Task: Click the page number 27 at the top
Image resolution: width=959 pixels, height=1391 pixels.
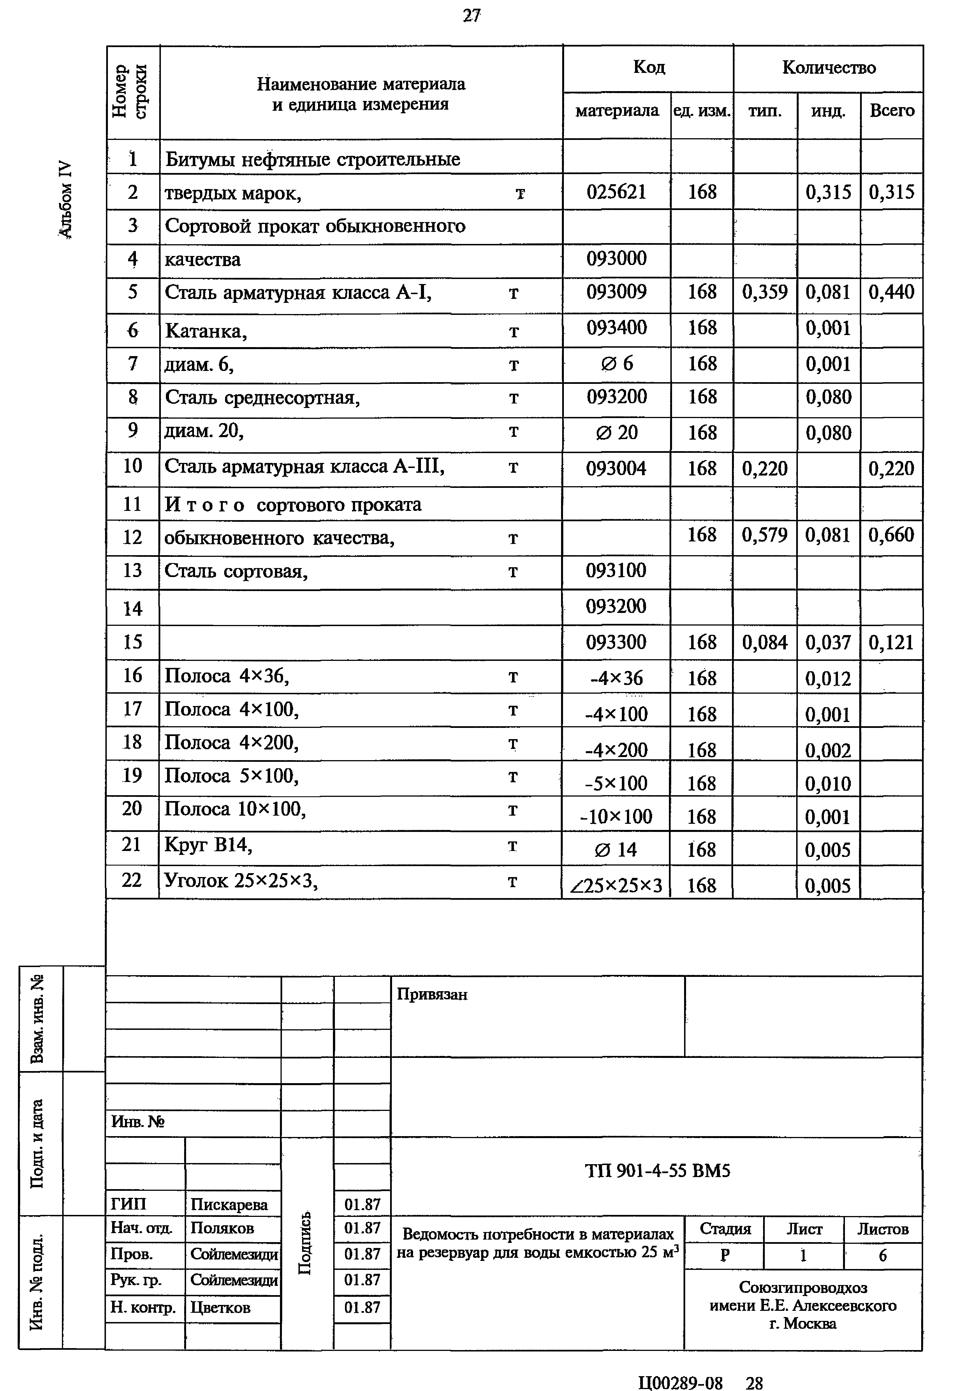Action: (x=472, y=16)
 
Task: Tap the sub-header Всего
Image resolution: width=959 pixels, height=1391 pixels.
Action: (x=892, y=110)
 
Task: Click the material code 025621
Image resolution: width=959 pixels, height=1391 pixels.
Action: (x=617, y=192)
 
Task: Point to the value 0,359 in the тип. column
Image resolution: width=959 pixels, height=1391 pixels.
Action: (x=764, y=293)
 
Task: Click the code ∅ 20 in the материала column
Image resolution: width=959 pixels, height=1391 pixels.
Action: (x=617, y=433)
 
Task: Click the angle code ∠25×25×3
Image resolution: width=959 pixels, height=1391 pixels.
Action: (x=617, y=885)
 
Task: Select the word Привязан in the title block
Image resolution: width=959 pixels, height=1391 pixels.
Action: (x=432, y=995)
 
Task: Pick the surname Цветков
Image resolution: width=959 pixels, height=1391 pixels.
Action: (x=221, y=1307)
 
